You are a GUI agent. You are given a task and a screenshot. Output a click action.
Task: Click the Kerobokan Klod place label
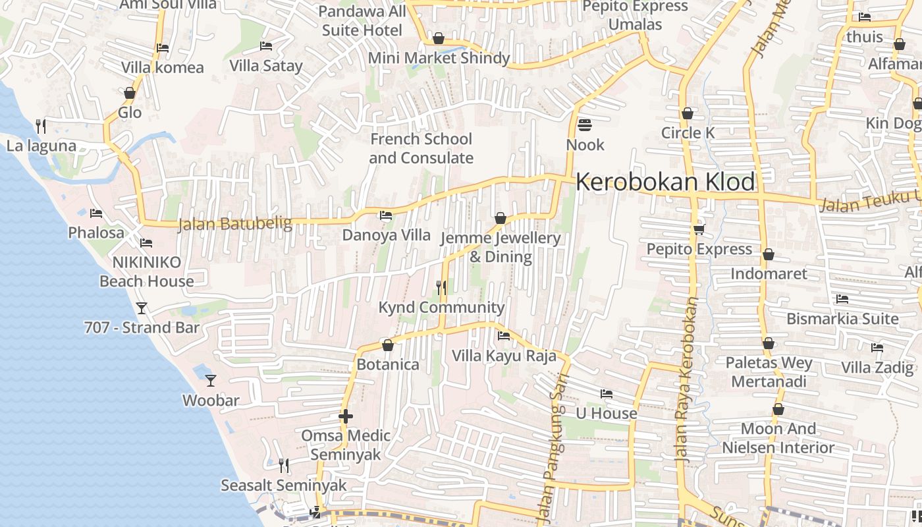click(665, 182)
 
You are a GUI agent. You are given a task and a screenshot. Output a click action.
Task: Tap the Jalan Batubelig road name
click(235, 224)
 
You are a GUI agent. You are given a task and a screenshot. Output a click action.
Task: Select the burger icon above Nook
click(584, 125)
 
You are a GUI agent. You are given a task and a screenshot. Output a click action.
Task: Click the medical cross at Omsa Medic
click(346, 416)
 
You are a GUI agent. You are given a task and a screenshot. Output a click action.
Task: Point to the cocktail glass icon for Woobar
click(211, 380)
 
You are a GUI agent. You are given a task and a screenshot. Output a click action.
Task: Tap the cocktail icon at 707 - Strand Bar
click(141, 308)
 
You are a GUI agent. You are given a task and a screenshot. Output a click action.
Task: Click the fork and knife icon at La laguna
click(41, 125)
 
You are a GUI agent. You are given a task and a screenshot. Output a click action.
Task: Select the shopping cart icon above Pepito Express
click(699, 229)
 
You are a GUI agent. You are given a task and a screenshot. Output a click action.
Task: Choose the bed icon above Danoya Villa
click(386, 215)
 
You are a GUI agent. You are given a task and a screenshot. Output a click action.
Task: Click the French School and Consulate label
click(421, 148)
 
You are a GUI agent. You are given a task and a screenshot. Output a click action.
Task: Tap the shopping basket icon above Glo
click(130, 93)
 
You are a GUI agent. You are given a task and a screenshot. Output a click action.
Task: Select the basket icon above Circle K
click(688, 113)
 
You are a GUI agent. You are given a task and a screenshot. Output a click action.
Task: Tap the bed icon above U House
click(607, 394)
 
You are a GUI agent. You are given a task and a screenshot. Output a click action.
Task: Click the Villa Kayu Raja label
click(504, 356)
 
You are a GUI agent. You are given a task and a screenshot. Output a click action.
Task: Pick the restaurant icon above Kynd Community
click(441, 288)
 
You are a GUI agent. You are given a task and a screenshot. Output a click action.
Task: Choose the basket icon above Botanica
click(388, 345)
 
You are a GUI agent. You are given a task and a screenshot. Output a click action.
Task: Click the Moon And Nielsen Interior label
click(778, 438)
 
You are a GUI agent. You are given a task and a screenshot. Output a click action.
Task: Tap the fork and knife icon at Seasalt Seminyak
click(284, 466)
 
